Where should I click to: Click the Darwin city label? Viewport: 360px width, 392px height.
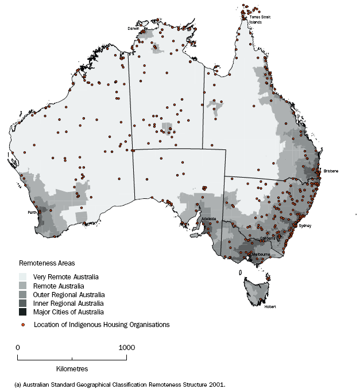[x=134, y=28]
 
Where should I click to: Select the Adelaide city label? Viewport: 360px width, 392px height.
[x=209, y=219]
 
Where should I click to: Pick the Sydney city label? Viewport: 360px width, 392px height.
[x=305, y=226]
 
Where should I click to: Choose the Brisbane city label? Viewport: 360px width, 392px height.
[x=331, y=171]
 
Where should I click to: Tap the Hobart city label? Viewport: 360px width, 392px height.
[x=270, y=306]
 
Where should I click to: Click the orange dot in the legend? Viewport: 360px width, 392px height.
[x=23, y=325]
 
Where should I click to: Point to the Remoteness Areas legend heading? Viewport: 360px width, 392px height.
[x=47, y=263]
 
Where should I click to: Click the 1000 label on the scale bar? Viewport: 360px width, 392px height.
[x=126, y=348]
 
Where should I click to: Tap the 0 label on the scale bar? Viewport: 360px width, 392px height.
[x=18, y=348]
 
